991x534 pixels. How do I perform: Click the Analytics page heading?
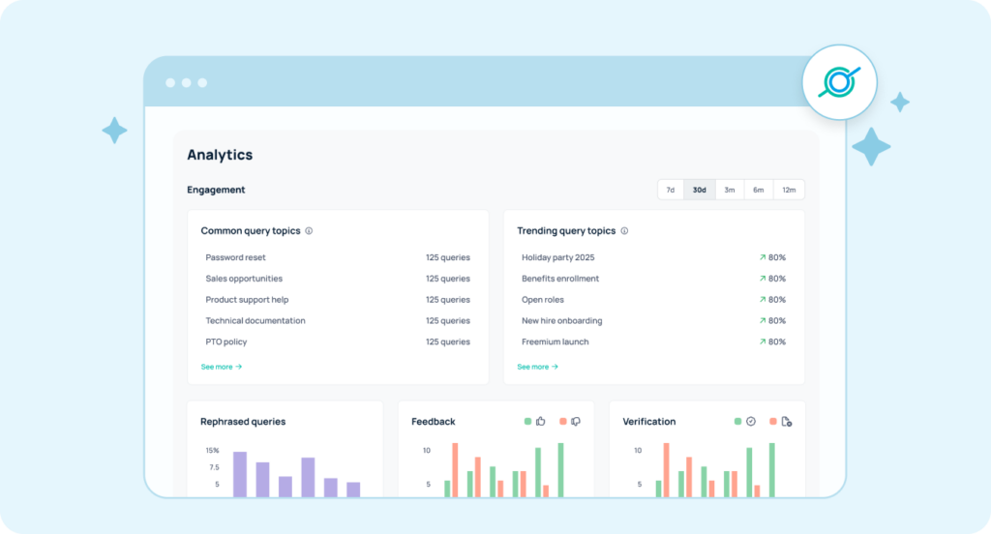click(220, 155)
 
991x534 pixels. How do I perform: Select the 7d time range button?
click(670, 190)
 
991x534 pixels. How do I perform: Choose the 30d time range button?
click(699, 190)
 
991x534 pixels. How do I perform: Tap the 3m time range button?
click(729, 190)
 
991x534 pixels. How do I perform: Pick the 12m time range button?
click(789, 190)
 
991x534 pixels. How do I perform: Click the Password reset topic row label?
click(235, 257)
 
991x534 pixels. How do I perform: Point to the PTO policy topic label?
click(225, 341)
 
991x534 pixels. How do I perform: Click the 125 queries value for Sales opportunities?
click(447, 279)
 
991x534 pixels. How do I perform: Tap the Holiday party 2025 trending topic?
click(557, 257)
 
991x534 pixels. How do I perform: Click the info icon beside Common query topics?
click(309, 231)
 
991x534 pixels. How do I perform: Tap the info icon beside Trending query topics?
click(624, 231)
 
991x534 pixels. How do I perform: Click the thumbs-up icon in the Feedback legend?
click(541, 422)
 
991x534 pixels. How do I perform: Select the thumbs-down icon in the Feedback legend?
click(575, 422)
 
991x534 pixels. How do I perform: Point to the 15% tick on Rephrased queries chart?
click(212, 450)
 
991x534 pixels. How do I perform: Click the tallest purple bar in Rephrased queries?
click(240, 474)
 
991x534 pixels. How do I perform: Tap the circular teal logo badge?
click(838, 83)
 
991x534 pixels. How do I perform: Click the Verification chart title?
click(648, 422)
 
